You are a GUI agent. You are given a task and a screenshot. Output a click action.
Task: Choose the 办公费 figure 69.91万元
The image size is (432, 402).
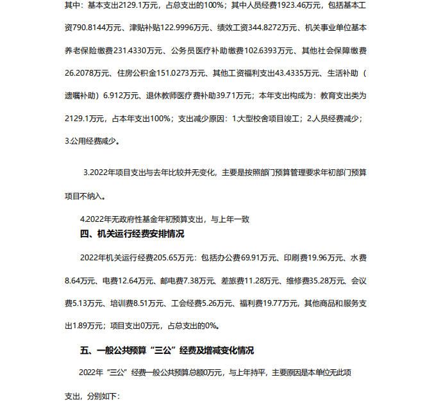pos(247,258)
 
